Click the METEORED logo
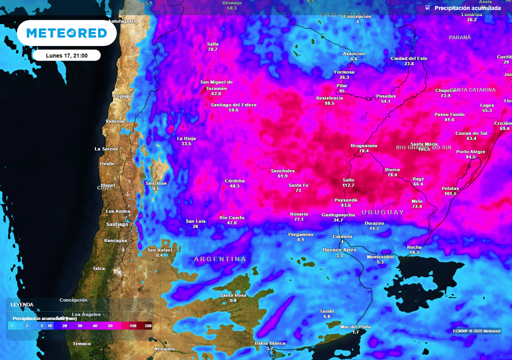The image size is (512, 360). pyautogui.click(x=66, y=33)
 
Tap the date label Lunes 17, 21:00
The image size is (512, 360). pyautogui.click(x=66, y=55)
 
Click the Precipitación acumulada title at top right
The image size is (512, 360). pyautogui.click(x=467, y=8)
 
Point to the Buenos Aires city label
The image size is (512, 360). pyautogui.click(x=339, y=249)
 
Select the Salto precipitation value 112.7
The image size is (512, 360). pyautogui.click(x=348, y=185)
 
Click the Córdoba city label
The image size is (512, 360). pyautogui.click(x=234, y=180)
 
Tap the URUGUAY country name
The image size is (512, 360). pyautogui.click(x=382, y=212)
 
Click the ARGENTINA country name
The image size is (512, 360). pyautogui.click(x=220, y=259)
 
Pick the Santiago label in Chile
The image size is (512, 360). pyautogui.click(x=117, y=224)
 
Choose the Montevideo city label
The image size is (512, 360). pyautogui.click(x=380, y=256)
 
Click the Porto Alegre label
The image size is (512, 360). pyautogui.click(x=470, y=151)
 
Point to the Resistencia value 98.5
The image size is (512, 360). pyautogui.click(x=329, y=103)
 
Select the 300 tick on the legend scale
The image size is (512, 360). pyautogui.click(x=148, y=325)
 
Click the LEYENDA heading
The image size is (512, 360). pyautogui.click(x=22, y=304)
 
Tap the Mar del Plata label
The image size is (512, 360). pyautogui.click(x=355, y=326)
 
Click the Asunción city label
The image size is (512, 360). pyautogui.click(x=353, y=53)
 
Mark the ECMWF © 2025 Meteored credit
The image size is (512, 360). pyautogui.click(x=476, y=331)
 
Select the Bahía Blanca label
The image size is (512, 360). pyautogui.click(x=270, y=343)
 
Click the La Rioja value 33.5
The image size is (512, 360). pyautogui.click(x=186, y=143)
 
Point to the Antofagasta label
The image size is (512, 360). pyautogui.click(x=122, y=21)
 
